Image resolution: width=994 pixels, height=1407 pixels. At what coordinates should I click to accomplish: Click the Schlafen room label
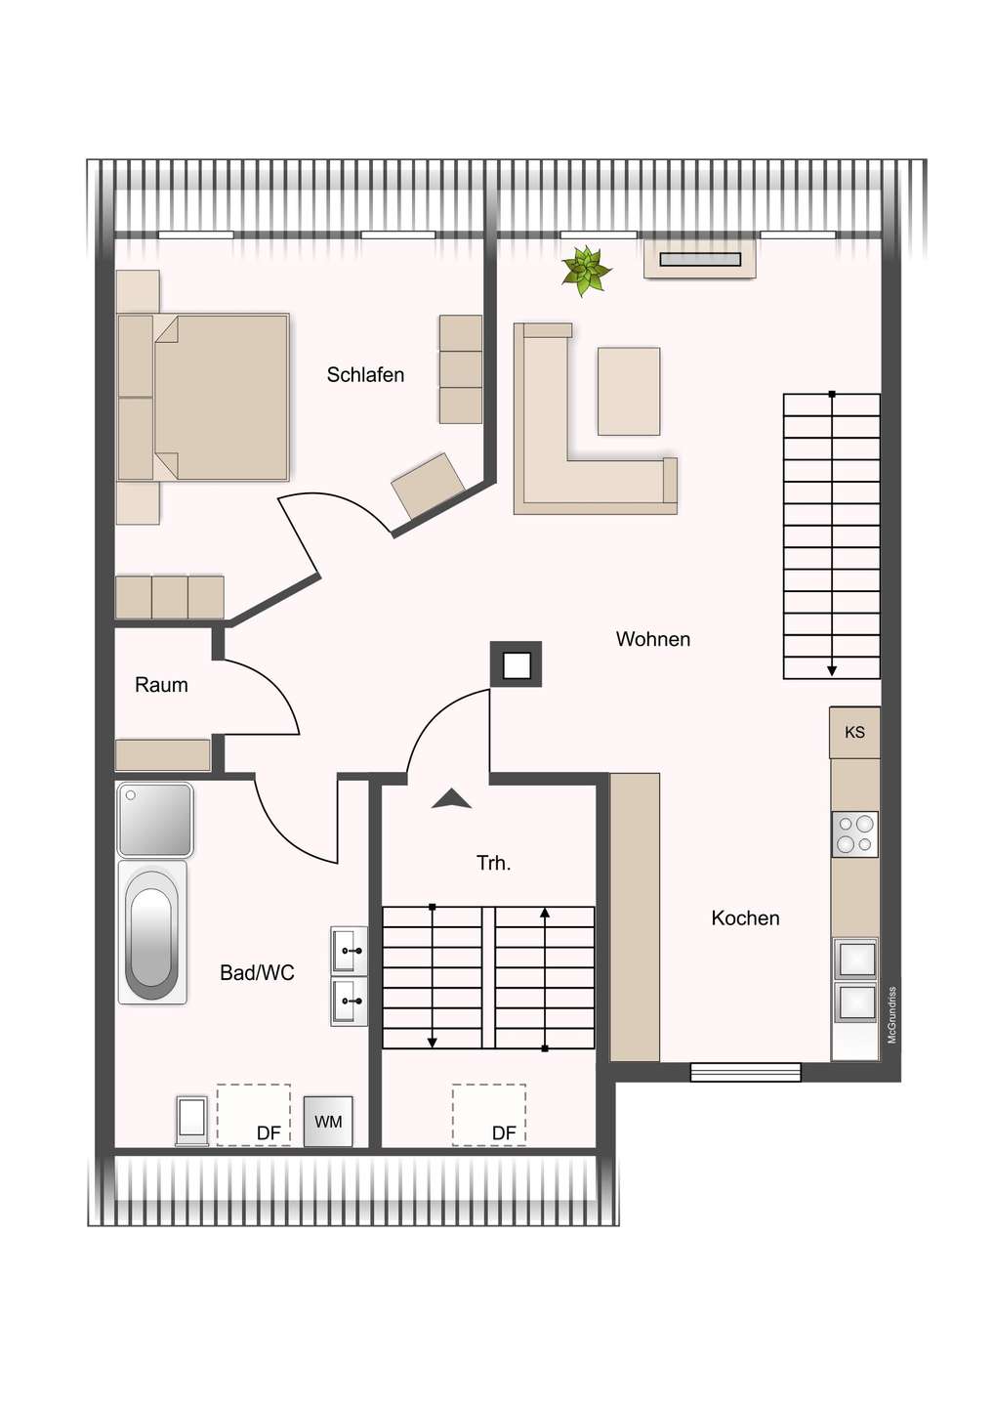pos(365,375)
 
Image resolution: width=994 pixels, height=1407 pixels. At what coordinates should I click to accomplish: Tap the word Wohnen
pos(652,639)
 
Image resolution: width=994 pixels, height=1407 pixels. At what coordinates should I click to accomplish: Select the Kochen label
pos(745,918)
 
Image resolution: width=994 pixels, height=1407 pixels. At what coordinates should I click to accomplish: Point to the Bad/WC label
pos(257,973)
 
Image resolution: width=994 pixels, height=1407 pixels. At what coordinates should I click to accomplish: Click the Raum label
pos(161,685)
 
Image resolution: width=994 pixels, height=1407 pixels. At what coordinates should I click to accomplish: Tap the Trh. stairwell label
pos(493,863)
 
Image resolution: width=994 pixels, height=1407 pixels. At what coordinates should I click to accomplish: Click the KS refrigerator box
pos(854,733)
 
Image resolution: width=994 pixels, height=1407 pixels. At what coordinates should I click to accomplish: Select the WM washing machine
pos(328,1122)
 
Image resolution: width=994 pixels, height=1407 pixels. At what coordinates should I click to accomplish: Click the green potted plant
pos(586,270)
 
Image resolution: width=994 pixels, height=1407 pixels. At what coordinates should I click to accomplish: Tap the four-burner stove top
pos(854,834)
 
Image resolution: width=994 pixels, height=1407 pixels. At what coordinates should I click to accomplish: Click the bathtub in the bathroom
pos(152,933)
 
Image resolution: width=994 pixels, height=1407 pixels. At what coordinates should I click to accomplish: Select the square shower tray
pos(155,820)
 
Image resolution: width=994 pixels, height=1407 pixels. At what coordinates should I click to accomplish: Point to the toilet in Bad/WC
pos(191,1120)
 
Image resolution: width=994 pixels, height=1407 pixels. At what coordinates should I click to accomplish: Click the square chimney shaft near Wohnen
pos(516,665)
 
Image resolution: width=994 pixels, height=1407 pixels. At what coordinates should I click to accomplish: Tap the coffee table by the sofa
pos(629,391)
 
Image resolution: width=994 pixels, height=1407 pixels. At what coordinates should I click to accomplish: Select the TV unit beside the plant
pos(699,260)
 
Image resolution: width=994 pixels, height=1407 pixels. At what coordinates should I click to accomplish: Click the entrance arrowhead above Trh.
pos(451,799)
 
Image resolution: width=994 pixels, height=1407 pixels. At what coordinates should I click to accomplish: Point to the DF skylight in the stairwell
pos(488,1114)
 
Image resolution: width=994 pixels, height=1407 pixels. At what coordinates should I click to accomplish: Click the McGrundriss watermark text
pos(891,1015)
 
